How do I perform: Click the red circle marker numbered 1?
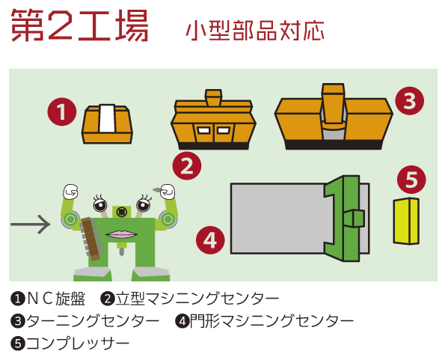coord(62,112)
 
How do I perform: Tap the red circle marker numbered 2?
coord(187,166)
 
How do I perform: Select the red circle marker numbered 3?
coord(410,101)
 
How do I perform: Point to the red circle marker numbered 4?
coord(210,240)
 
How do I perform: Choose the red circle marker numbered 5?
coord(411,180)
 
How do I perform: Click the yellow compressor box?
coord(406,221)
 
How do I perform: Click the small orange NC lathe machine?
coord(107,123)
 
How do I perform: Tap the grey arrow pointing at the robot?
coord(31,225)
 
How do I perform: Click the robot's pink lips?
coord(121,234)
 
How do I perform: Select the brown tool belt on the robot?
coord(90,239)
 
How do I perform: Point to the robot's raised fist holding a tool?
coord(166,192)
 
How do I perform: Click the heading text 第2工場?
coord(79,25)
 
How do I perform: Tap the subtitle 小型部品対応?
coord(255,31)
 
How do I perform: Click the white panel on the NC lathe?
coord(107,118)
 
